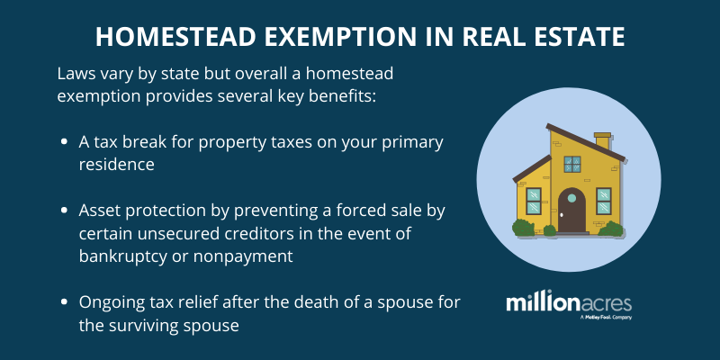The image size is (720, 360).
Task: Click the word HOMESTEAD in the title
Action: click(x=175, y=38)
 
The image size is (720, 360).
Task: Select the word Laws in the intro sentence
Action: click(x=75, y=75)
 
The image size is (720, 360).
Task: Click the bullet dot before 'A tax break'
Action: click(x=65, y=142)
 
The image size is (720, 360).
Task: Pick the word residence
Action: click(x=117, y=165)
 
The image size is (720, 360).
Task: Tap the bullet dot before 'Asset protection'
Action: click(x=65, y=211)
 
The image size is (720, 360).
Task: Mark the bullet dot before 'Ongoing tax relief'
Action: click(x=65, y=302)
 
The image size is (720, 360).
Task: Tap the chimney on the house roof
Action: click(x=602, y=140)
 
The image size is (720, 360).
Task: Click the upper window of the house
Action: click(x=572, y=164)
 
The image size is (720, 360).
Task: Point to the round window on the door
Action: click(x=571, y=198)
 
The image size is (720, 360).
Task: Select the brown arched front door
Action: click(x=571, y=211)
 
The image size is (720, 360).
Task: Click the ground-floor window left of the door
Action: click(x=534, y=201)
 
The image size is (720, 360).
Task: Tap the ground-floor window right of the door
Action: click(x=604, y=201)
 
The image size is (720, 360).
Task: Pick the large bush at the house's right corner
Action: click(x=611, y=229)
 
